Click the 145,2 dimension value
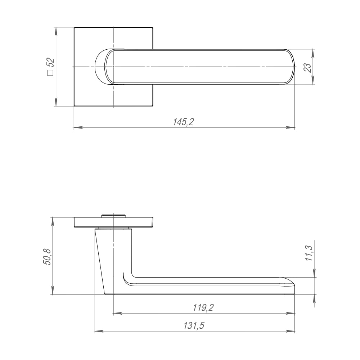[184, 122]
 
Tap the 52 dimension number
[51, 62]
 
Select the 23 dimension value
[308, 67]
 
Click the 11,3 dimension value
[309, 253]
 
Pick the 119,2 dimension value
[203, 308]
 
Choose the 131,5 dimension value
[194, 326]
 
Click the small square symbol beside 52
[50, 73]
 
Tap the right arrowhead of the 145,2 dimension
[290, 127]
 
